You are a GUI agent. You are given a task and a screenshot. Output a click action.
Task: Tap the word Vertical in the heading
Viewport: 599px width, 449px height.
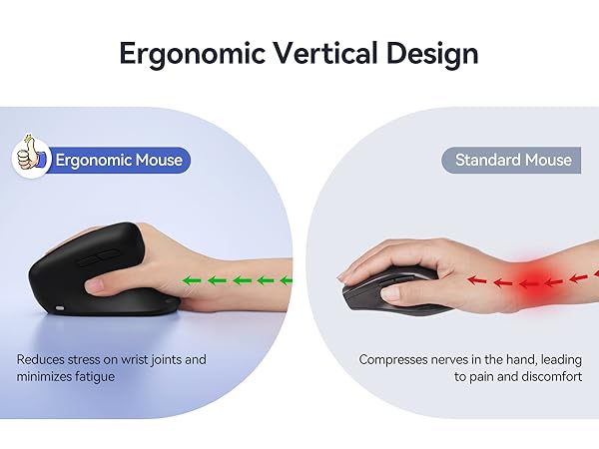[309, 52]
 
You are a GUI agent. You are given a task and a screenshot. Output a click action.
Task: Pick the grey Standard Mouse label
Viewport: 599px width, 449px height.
[512, 160]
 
